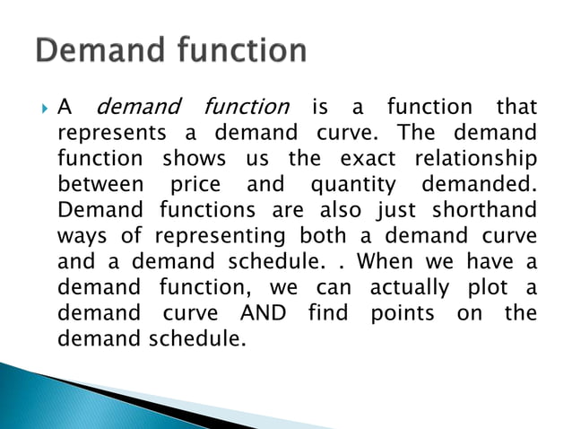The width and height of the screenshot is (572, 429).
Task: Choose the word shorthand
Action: (483, 212)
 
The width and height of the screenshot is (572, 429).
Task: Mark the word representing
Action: (221, 237)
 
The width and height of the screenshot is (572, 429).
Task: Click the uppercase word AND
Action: (264, 314)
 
